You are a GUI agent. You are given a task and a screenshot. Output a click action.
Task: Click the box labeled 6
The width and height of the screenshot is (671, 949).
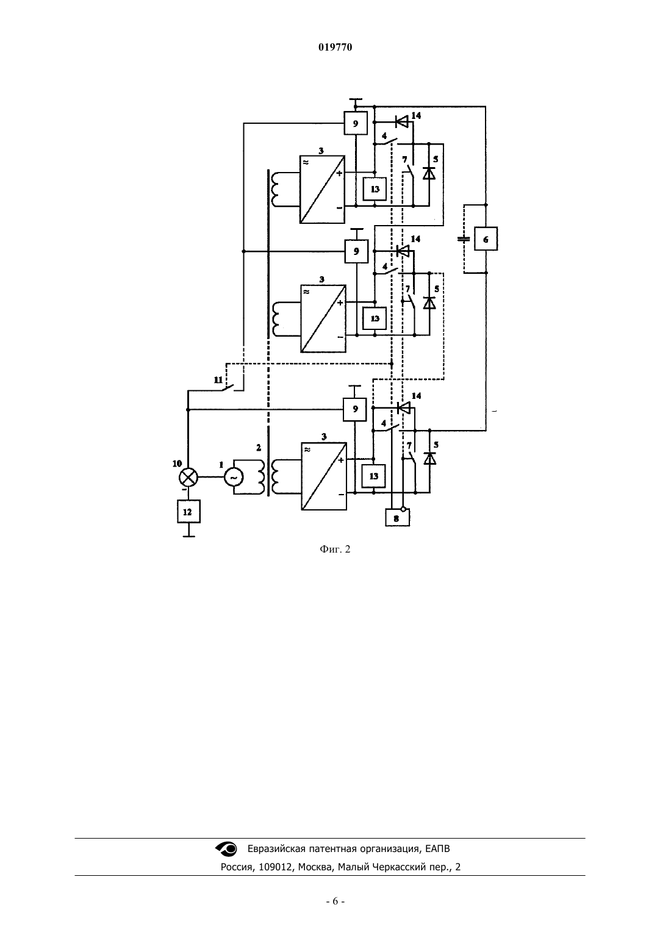coord(486,239)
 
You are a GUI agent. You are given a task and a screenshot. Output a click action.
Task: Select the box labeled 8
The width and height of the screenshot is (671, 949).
coord(397,518)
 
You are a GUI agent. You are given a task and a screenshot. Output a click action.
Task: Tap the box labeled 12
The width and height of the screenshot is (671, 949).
coord(188,511)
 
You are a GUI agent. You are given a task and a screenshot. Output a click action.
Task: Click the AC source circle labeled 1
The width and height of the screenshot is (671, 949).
coord(233,478)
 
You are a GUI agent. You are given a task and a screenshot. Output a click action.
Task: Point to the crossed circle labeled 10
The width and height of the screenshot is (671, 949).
coord(188,478)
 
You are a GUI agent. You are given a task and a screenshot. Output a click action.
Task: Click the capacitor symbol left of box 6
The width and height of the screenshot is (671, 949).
coord(464,239)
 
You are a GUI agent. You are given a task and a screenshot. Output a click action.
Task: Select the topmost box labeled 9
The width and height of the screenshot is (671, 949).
coord(356,123)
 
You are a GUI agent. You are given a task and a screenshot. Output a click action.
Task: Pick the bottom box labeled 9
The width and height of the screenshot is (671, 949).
coord(355,409)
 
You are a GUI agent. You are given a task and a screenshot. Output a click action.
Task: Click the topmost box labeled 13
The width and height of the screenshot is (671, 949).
coord(375,189)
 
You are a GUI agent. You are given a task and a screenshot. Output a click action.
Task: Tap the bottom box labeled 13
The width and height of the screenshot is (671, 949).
coord(373,476)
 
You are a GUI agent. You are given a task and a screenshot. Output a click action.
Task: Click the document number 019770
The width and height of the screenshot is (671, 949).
coord(335,47)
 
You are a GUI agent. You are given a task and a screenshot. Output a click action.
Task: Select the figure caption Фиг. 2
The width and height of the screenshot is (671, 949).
coord(335,549)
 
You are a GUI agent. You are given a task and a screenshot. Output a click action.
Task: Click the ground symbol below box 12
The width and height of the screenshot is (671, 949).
coord(188,534)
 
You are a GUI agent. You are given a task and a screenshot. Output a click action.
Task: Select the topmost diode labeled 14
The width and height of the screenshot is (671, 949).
coord(401,122)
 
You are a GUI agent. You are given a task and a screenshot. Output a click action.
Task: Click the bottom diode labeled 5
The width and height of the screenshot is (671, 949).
coord(429,459)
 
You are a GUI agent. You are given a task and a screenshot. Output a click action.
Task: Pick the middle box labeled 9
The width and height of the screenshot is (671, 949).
coord(356,251)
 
